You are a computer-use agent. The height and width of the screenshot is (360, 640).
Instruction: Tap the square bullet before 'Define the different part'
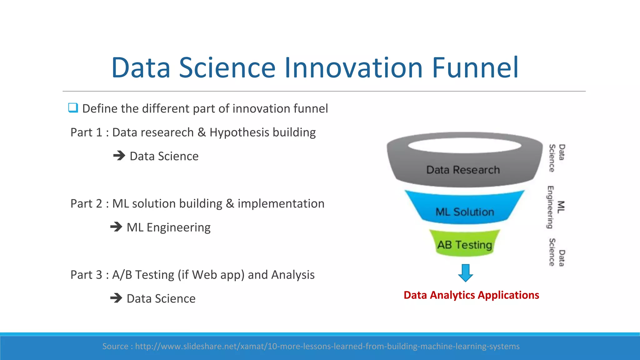(73, 108)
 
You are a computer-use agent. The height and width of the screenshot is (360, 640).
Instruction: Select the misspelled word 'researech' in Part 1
(153, 132)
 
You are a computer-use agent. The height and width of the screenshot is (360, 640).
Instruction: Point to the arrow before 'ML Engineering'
(116, 227)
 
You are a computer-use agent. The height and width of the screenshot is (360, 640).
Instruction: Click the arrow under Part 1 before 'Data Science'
(119, 155)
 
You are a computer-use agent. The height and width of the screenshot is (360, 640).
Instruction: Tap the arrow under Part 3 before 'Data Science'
(116, 298)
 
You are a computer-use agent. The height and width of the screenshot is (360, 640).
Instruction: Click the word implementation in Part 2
(281, 204)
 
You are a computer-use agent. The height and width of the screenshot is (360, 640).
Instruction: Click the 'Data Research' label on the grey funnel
(463, 170)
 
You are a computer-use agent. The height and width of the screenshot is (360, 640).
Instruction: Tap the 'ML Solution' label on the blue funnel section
(465, 212)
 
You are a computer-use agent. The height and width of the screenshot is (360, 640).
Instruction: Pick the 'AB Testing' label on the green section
(464, 245)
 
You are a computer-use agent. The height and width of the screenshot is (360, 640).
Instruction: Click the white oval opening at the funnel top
(464, 145)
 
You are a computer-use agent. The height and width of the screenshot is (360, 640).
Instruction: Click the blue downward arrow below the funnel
(465, 273)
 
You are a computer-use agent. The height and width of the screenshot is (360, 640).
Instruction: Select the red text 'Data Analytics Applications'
(471, 295)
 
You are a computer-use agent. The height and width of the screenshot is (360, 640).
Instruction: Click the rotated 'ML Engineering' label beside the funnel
(556, 207)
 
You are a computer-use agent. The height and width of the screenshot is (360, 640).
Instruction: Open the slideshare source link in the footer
(327, 346)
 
